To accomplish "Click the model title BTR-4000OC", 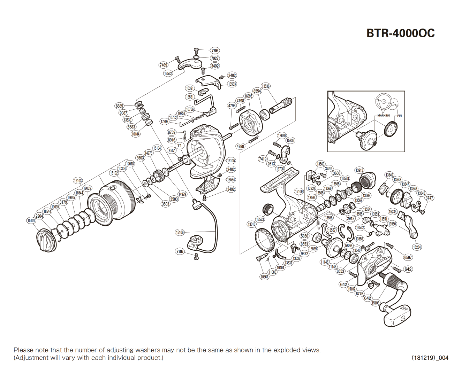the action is [400, 33].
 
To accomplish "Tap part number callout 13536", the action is [265, 86].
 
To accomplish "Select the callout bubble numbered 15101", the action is [31, 221].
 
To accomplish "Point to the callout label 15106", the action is [180, 232].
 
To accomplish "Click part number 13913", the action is [359, 170].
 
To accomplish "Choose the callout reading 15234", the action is [417, 247].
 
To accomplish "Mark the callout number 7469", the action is [163, 65].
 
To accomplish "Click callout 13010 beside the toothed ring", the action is [252, 224].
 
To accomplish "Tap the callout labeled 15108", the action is [375, 303].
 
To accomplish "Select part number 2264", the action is [39, 216].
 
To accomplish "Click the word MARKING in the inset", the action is [384, 115].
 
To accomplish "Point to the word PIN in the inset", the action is [399, 116].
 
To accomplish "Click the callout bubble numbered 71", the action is [179, 146].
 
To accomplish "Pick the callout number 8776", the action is [359, 294].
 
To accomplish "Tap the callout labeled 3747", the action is [429, 198].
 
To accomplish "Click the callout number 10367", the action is [264, 276].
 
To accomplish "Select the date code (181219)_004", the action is [430, 358].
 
